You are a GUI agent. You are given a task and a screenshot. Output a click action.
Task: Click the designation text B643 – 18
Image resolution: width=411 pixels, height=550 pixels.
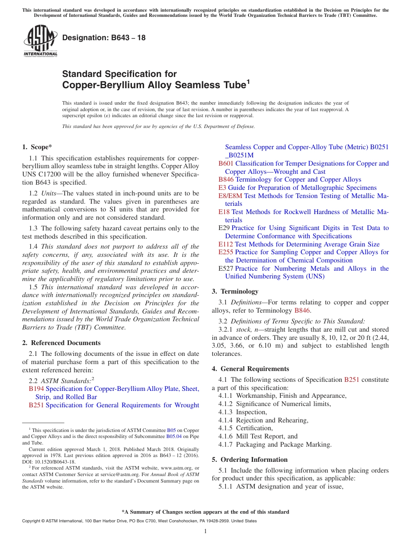104,38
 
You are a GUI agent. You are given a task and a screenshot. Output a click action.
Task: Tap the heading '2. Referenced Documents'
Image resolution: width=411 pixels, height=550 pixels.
61,343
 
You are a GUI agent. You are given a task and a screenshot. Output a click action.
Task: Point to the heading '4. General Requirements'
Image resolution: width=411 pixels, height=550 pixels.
250,369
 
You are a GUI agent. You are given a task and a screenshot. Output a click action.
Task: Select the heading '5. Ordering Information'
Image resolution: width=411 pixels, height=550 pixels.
250,460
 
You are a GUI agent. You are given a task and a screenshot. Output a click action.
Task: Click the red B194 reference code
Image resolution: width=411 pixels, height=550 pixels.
36,389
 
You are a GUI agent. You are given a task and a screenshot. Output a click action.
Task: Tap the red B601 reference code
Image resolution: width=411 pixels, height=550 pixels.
226,163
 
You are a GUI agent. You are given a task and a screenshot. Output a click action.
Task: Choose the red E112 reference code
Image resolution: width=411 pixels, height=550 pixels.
226,244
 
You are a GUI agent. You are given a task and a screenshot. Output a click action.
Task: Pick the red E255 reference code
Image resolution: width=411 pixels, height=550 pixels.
226,252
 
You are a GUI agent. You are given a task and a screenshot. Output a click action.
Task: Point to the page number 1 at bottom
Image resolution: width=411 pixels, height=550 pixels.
205,531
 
